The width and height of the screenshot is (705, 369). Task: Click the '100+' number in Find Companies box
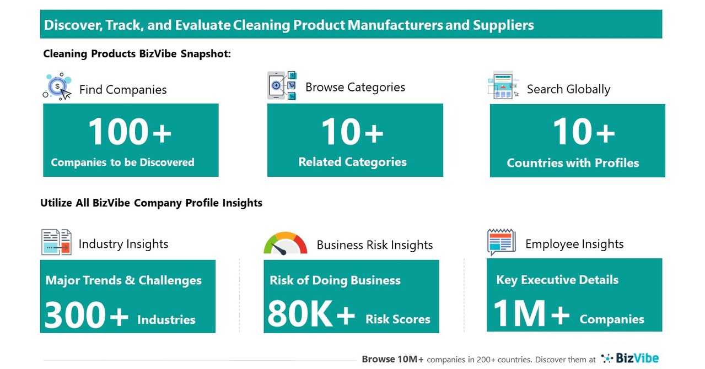130,133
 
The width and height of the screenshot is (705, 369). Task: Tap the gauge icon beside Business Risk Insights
286,243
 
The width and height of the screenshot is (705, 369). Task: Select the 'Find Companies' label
123,90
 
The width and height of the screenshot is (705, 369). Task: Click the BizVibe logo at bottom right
630,359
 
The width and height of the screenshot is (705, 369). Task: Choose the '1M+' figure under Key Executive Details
531,314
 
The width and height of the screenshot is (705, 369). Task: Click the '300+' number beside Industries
86,316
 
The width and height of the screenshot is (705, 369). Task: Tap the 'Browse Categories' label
355,87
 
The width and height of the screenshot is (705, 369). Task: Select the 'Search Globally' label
568,89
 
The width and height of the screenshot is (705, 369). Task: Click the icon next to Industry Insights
57,242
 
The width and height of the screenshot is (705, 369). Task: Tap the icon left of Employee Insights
501,242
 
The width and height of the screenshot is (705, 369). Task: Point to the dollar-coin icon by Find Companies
58,86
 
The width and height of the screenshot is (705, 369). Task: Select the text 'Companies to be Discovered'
122,162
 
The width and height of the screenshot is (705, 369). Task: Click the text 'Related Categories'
352,162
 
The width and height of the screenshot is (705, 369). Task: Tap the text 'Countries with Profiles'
573,163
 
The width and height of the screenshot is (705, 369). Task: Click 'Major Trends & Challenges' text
123,280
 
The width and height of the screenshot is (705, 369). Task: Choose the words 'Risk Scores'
397,319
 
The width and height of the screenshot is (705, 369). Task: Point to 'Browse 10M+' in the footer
392,359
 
